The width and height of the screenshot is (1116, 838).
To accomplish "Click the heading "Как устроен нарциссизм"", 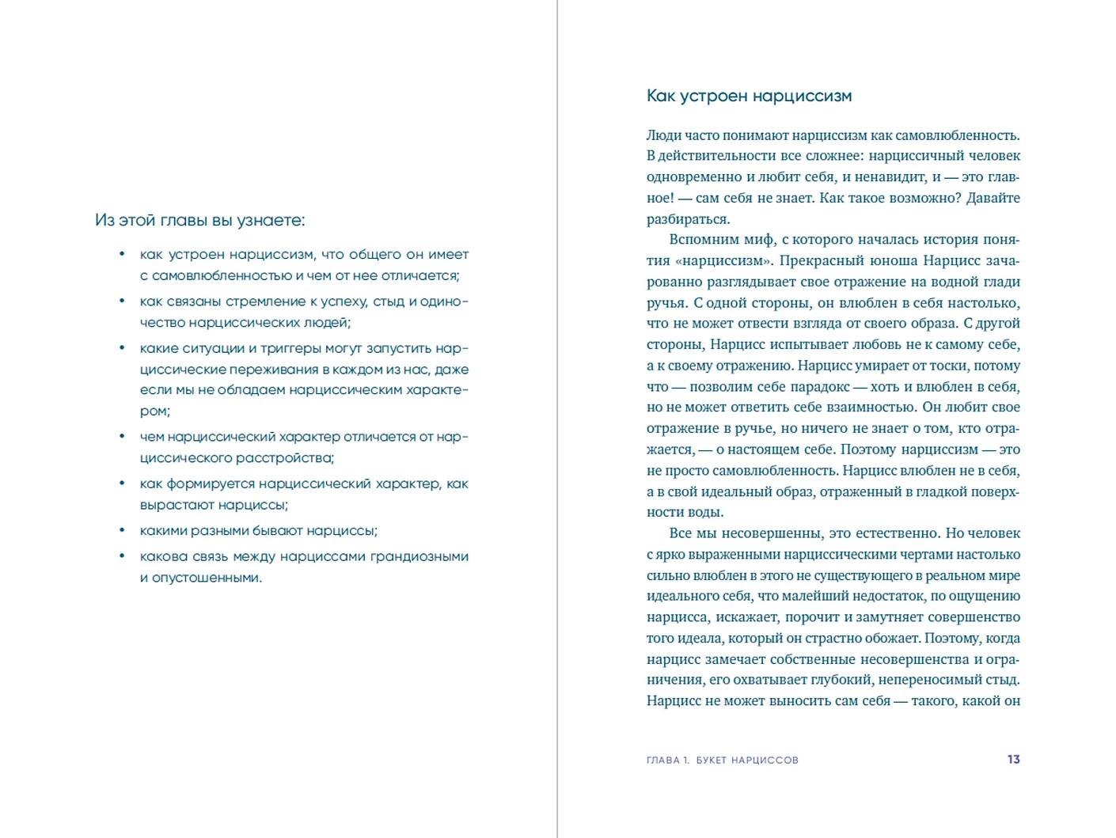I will (749, 97).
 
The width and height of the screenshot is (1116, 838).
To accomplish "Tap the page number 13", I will (1013, 760).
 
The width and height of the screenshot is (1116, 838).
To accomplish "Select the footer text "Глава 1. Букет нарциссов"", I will (722, 760).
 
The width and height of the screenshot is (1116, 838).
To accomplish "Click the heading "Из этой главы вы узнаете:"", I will (199, 220).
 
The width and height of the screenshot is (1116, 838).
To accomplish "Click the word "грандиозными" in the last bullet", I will (417, 556).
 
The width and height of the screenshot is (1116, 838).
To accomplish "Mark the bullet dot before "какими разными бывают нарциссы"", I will (122, 530).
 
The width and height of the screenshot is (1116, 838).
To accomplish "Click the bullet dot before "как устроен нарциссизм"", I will (122, 254).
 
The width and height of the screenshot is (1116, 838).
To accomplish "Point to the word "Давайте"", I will (993, 198).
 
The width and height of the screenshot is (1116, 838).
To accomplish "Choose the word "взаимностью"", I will (877, 408).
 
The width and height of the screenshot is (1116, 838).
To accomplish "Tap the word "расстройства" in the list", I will (283, 458).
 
